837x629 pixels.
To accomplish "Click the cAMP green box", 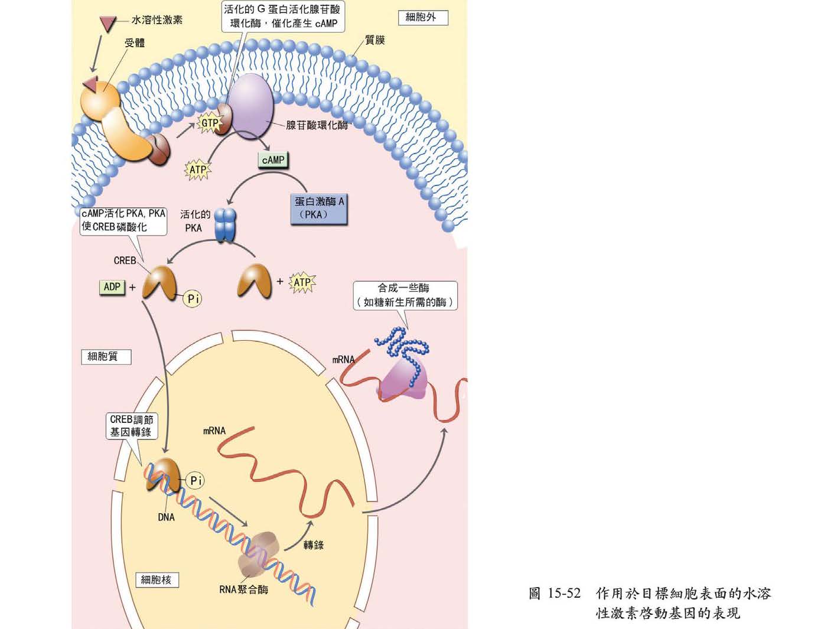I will [x=273, y=160].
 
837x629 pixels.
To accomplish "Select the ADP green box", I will [x=112, y=287].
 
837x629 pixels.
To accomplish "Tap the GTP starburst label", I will [x=210, y=123].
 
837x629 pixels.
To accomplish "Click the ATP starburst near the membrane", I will [x=198, y=170].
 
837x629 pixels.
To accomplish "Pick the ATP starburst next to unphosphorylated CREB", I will [x=302, y=282].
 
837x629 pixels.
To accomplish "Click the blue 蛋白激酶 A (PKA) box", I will [x=319, y=208].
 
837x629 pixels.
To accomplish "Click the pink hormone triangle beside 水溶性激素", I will [x=107, y=23].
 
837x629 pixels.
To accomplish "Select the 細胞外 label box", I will [x=423, y=17].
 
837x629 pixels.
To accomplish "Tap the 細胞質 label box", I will [x=105, y=356].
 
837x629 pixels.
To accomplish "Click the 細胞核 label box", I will [x=157, y=579].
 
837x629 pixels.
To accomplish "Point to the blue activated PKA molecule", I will [x=225, y=224].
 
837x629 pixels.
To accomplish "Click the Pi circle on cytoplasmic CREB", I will [x=193, y=299].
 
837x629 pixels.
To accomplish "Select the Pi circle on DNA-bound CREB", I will [x=196, y=480].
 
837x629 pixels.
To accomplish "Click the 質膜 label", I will [x=375, y=40].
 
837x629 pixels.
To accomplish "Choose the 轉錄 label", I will [x=314, y=545].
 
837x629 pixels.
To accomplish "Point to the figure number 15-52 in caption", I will [x=564, y=593].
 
